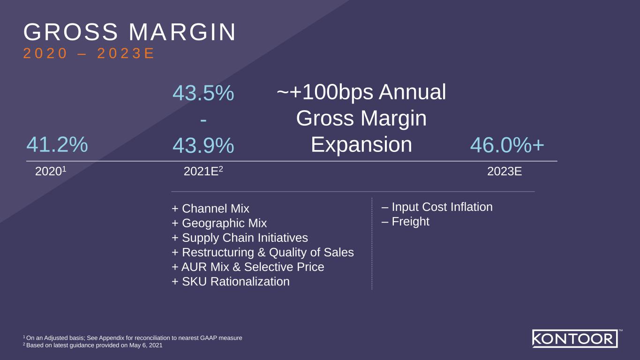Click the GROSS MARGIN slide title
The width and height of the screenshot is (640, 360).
130,32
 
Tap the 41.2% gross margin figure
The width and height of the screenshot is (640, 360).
57,144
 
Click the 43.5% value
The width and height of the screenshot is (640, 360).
203,93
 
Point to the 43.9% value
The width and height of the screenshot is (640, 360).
203,145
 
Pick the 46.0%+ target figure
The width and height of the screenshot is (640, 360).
507,145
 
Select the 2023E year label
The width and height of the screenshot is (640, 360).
504,172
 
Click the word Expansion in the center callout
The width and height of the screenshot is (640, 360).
361,145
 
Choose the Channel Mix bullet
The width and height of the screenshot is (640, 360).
211,209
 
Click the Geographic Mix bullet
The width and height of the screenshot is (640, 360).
219,223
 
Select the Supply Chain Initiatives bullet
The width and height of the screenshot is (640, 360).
240,238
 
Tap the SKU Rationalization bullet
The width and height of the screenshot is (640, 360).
230,282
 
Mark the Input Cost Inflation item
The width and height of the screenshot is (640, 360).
437,207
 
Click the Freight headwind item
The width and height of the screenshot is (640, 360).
406,221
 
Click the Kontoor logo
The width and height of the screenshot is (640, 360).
575,338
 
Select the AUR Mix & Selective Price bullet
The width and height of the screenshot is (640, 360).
248,267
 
